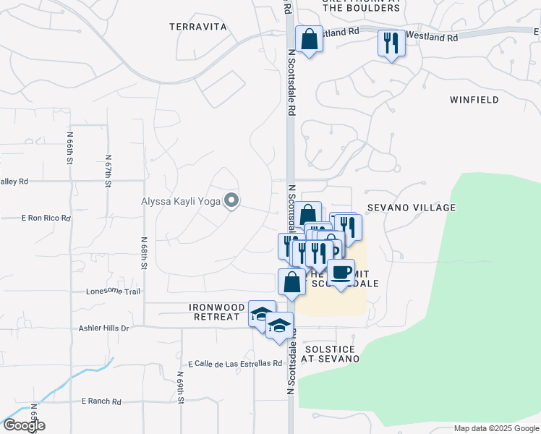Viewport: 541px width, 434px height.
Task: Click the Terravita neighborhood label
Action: pyautogui.click(x=198, y=27)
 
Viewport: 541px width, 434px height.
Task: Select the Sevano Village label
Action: pyautogui.click(x=412, y=208)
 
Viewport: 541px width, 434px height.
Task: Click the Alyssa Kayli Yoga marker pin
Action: pyautogui.click(x=231, y=200)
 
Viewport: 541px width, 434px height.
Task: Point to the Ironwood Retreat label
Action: pyautogui.click(x=214, y=312)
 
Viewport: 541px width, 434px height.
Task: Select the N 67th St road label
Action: pyautogui.click(x=108, y=171)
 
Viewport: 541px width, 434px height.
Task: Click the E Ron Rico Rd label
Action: pyautogui.click(x=46, y=218)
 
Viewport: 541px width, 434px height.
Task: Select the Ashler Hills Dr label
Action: pyautogui.click(x=103, y=328)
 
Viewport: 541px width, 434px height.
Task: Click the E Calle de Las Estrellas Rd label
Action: pyautogui.click(x=234, y=363)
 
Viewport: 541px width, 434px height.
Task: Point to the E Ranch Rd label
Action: pyautogui.click(x=102, y=401)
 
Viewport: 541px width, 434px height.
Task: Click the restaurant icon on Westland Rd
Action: pyautogui.click(x=391, y=43)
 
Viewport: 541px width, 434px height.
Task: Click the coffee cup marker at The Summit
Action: pyautogui.click(x=341, y=273)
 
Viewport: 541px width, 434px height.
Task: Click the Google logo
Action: pyautogui.click(x=23, y=425)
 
